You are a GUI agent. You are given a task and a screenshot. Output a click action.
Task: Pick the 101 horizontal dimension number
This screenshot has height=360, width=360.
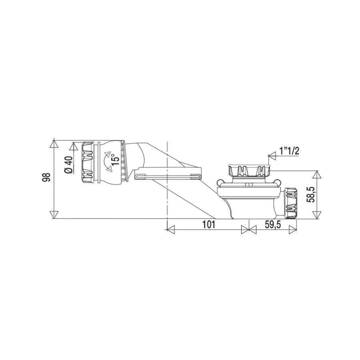(208, 225)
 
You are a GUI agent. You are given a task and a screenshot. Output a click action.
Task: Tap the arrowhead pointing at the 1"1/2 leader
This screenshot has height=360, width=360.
(271, 157)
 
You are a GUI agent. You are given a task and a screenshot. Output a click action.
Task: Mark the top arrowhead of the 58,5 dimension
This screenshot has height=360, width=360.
(318, 175)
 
